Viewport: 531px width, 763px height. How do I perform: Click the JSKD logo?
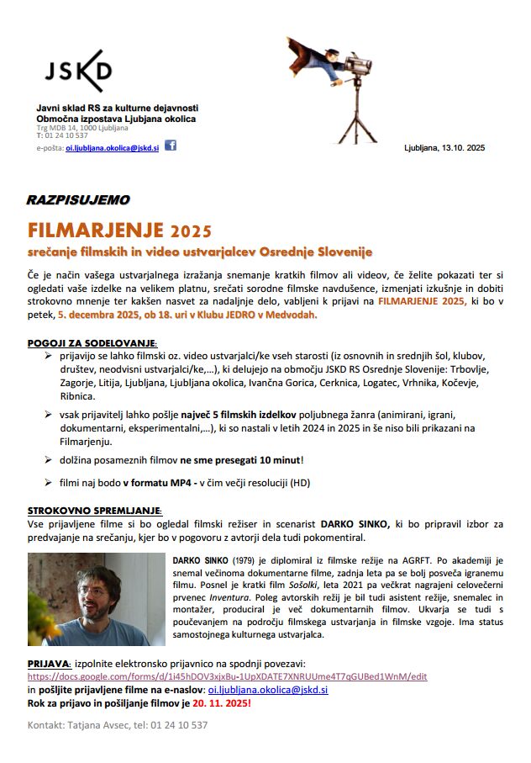(x=77, y=71)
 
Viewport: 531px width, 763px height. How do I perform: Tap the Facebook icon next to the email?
(x=171, y=145)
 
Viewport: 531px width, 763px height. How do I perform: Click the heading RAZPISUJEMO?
(x=77, y=201)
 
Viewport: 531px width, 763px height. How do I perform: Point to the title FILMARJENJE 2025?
(x=119, y=230)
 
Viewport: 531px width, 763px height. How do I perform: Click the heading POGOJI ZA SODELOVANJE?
(x=92, y=343)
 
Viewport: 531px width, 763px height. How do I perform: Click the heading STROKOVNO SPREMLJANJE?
(x=95, y=511)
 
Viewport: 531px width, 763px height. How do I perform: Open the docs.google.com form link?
(x=228, y=676)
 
